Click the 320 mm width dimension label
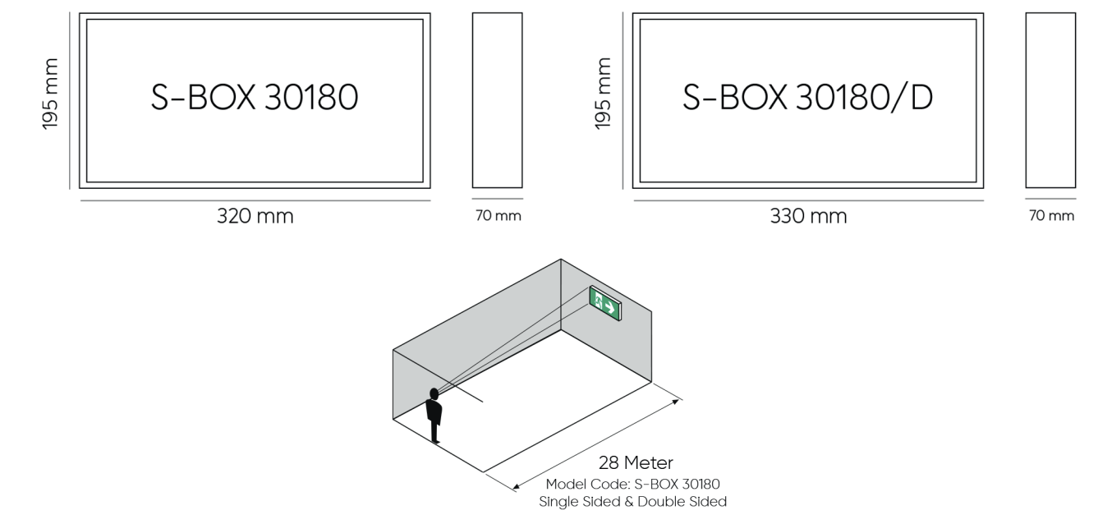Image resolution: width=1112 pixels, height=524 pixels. pos(255,216)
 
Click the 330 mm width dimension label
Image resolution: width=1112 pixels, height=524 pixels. pos(808,216)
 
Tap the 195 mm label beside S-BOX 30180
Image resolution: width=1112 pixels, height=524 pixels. pos(50,94)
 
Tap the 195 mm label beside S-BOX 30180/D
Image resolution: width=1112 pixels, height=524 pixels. pos(603,94)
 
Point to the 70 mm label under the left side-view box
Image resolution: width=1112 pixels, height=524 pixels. pos(498,215)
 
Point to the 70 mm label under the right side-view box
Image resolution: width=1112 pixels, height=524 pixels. pos(1051,215)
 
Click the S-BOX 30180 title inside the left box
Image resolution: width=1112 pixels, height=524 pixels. pos(255,97)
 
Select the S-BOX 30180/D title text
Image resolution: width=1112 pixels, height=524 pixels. pos(807,98)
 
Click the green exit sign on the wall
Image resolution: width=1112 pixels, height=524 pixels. pos(605,303)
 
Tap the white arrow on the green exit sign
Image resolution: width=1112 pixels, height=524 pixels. pos(610,308)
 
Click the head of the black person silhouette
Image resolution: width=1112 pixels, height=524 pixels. pos(434,394)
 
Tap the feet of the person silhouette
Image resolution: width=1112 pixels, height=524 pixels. pos(435,440)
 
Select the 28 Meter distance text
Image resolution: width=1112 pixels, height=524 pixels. pos(636,463)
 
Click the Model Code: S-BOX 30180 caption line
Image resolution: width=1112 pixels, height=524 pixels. pos(633,484)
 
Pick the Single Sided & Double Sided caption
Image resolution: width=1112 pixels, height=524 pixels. pos(633,502)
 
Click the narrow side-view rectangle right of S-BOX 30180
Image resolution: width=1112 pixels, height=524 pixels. pos(498,100)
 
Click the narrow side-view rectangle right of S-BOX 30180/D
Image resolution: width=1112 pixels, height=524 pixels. pos(1051,100)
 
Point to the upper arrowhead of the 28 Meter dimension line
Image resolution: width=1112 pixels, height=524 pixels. pos(677,401)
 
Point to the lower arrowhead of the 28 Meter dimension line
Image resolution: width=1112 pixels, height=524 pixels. pos(515,487)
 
